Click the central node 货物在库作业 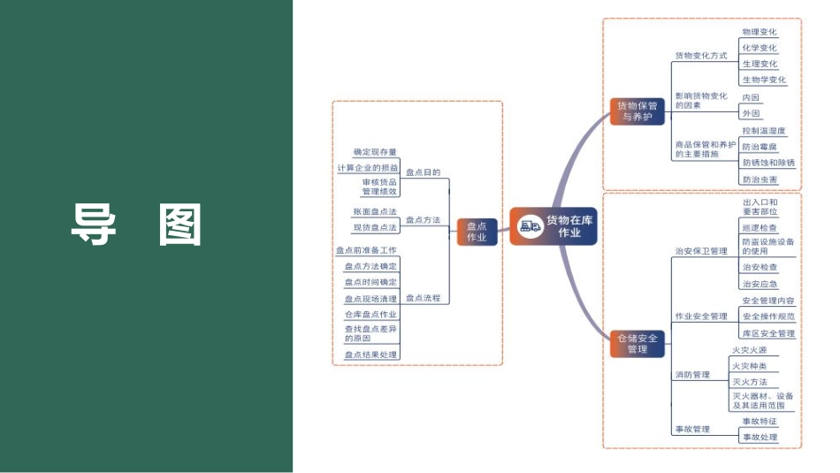click(x=554, y=226)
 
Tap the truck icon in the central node click(x=531, y=226)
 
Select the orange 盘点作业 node click(x=477, y=233)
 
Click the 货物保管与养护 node click(x=636, y=111)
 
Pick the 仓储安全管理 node click(x=636, y=343)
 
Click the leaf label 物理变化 click(x=760, y=32)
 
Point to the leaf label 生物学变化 click(x=764, y=80)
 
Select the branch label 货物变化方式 click(x=700, y=56)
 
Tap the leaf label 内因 click(x=751, y=97)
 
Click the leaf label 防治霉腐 click(x=760, y=147)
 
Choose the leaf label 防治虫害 click(x=760, y=179)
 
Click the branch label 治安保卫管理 click(x=700, y=251)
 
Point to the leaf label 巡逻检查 click(x=760, y=227)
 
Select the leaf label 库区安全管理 click(x=767, y=333)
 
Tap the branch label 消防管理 click(x=691, y=375)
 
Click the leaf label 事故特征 click(x=760, y=422)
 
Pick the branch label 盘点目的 click(x=423, y=173)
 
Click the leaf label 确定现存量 click(x=375, y=152)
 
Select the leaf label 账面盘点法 click(x=375, y=212)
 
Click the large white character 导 click(x=93, y=225)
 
